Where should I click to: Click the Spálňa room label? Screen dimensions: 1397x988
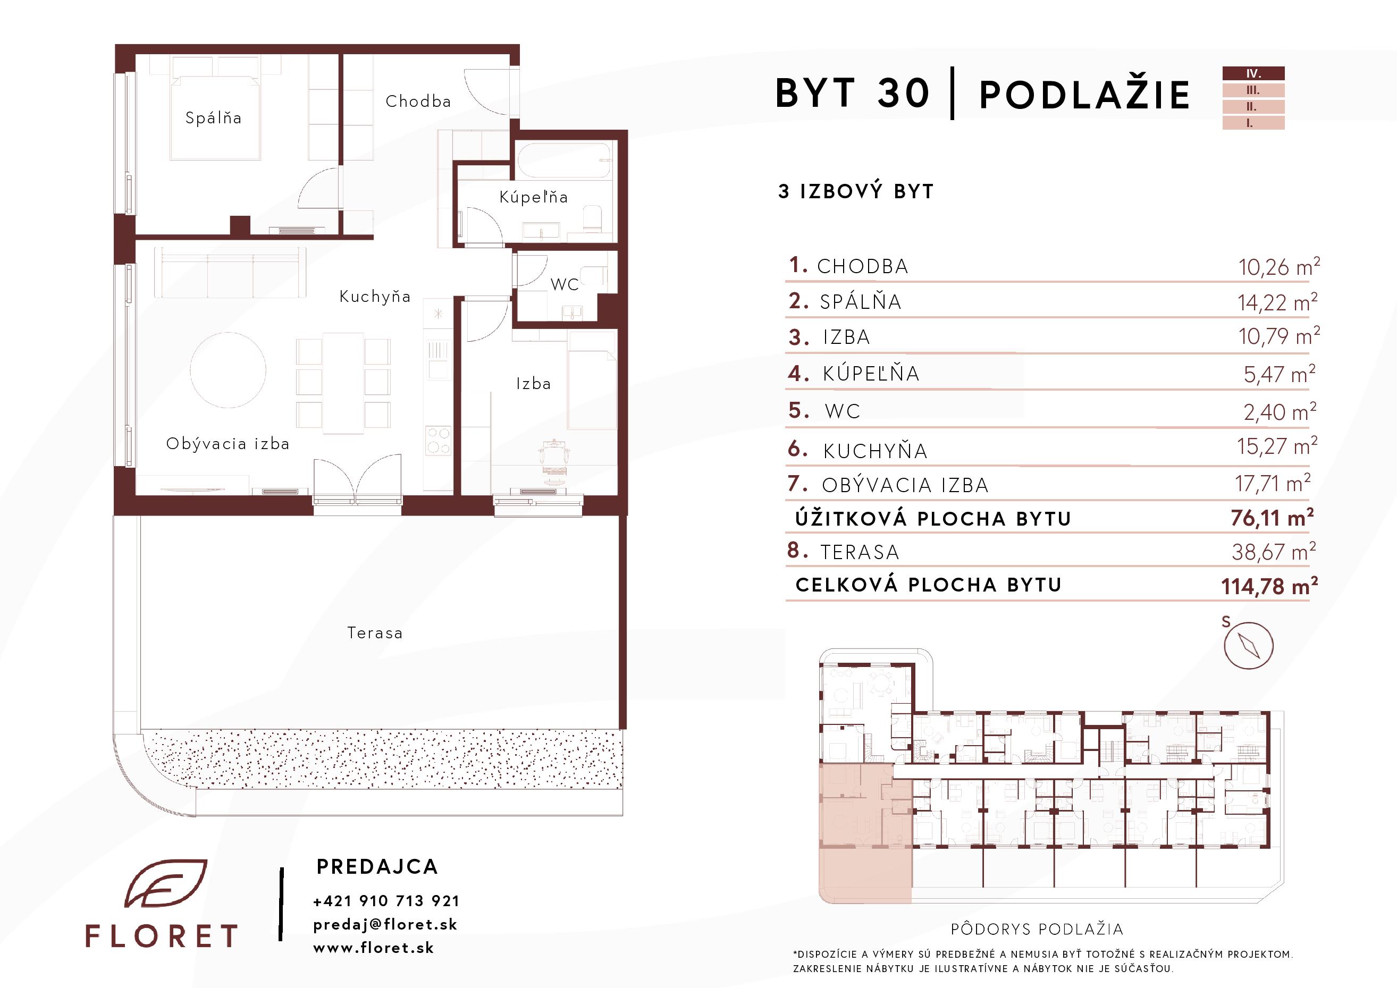213,118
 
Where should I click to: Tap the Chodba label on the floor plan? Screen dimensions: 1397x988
418,101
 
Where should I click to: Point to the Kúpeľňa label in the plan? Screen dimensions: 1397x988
533,197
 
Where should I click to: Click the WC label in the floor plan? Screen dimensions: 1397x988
564,284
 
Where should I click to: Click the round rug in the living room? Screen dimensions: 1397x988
228,370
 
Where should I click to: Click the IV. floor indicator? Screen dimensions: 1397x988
1253,74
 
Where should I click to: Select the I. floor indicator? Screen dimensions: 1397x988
1253,123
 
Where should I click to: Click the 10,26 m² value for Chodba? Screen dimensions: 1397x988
1279,266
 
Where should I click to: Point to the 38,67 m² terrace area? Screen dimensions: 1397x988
1274,551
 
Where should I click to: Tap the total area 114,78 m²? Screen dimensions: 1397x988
1269,586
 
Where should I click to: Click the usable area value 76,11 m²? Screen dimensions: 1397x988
1272,518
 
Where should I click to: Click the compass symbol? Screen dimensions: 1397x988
1249,646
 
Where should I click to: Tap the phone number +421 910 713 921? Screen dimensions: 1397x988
386,900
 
